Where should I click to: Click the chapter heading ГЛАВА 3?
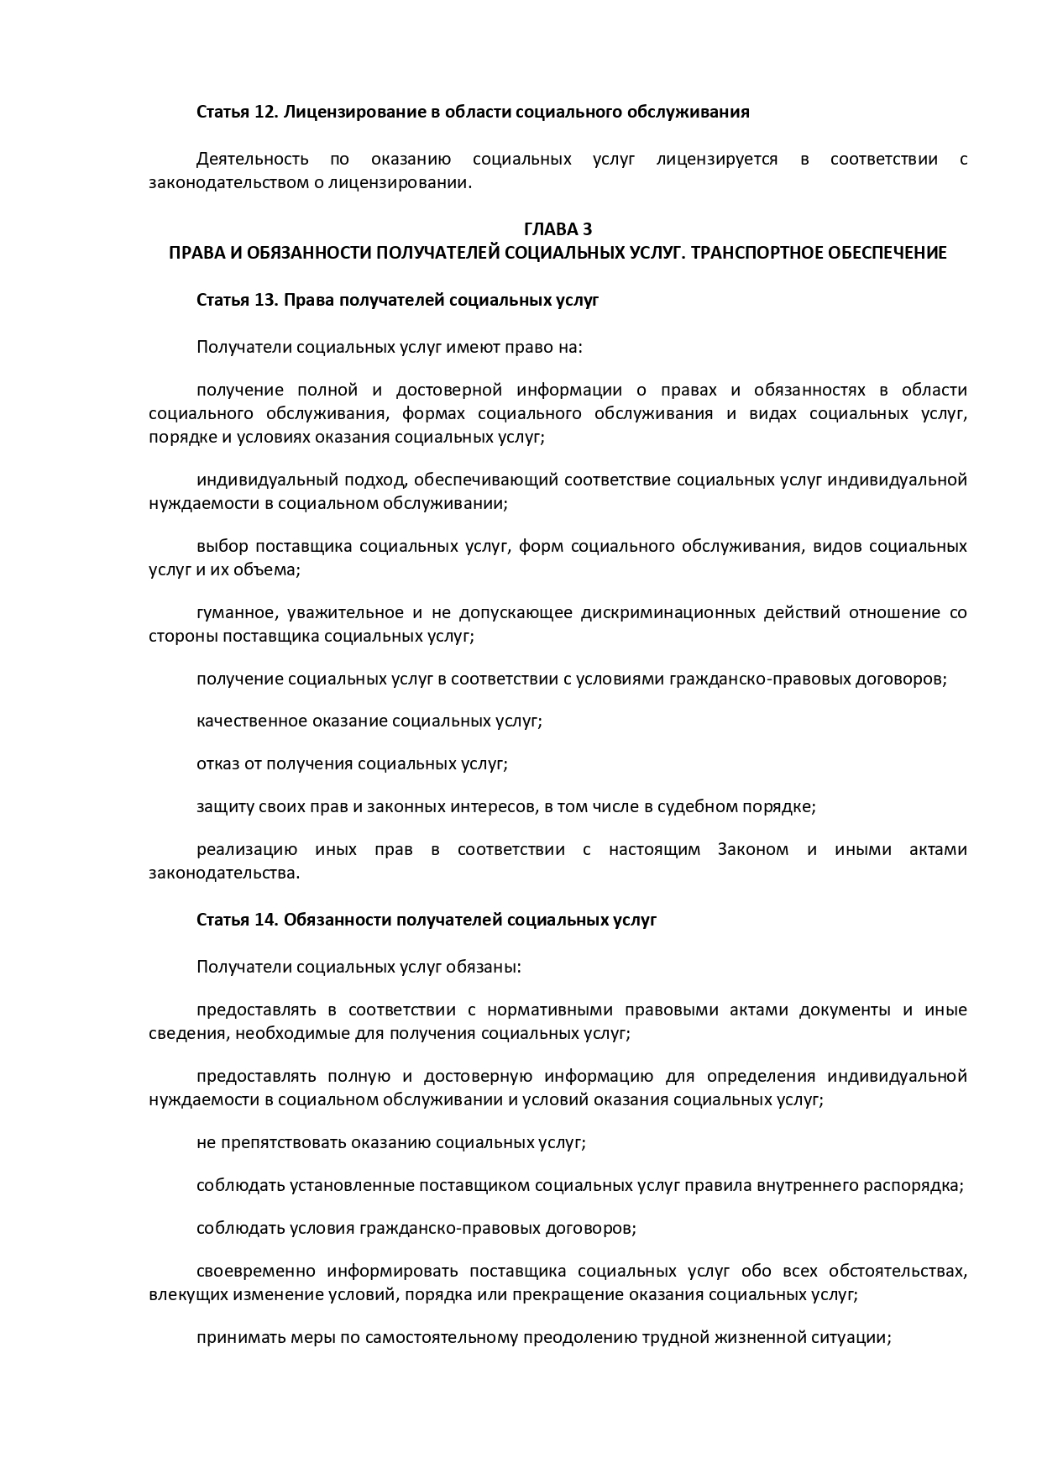click(558, 229)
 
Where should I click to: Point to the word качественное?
click(249, 721)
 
